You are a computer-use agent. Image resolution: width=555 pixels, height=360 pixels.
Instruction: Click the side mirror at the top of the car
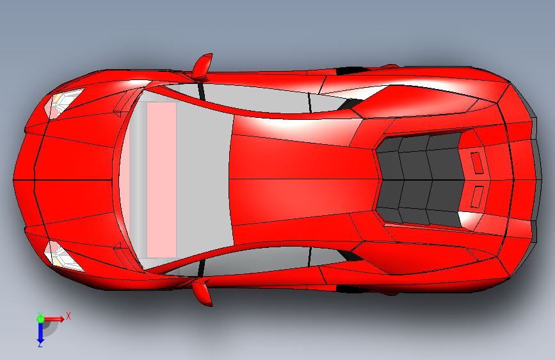coord(202,65)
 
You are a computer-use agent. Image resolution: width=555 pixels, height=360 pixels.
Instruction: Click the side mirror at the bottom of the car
coord(202,291)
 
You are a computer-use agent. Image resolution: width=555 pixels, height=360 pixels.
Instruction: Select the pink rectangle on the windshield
coord(162,179)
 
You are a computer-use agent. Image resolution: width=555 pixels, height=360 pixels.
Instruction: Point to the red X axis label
coord(68,316)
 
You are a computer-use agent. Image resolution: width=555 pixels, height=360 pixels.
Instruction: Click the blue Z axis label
coord(40,345)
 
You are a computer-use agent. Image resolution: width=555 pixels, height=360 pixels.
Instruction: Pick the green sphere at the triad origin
coord(40,318)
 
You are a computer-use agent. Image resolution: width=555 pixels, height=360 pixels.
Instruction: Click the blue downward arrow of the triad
coord(40,331)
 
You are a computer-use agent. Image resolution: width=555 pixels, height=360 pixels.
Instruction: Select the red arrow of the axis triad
coord(54,318)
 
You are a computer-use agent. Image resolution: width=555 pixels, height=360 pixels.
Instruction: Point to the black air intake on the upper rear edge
coord(350,70)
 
